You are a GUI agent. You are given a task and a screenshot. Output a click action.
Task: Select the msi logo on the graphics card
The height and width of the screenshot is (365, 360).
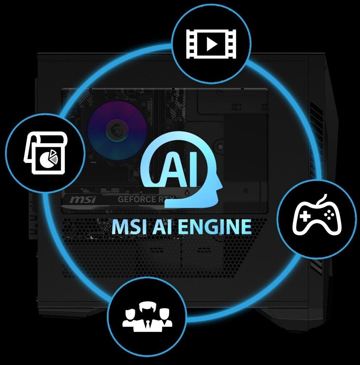click(x=83, y=199)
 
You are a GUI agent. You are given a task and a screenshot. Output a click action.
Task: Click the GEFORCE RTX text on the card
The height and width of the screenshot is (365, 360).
click(x=146, y=199)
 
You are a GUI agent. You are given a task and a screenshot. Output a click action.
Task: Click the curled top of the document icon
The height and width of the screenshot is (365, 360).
click(x=47, y=138)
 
